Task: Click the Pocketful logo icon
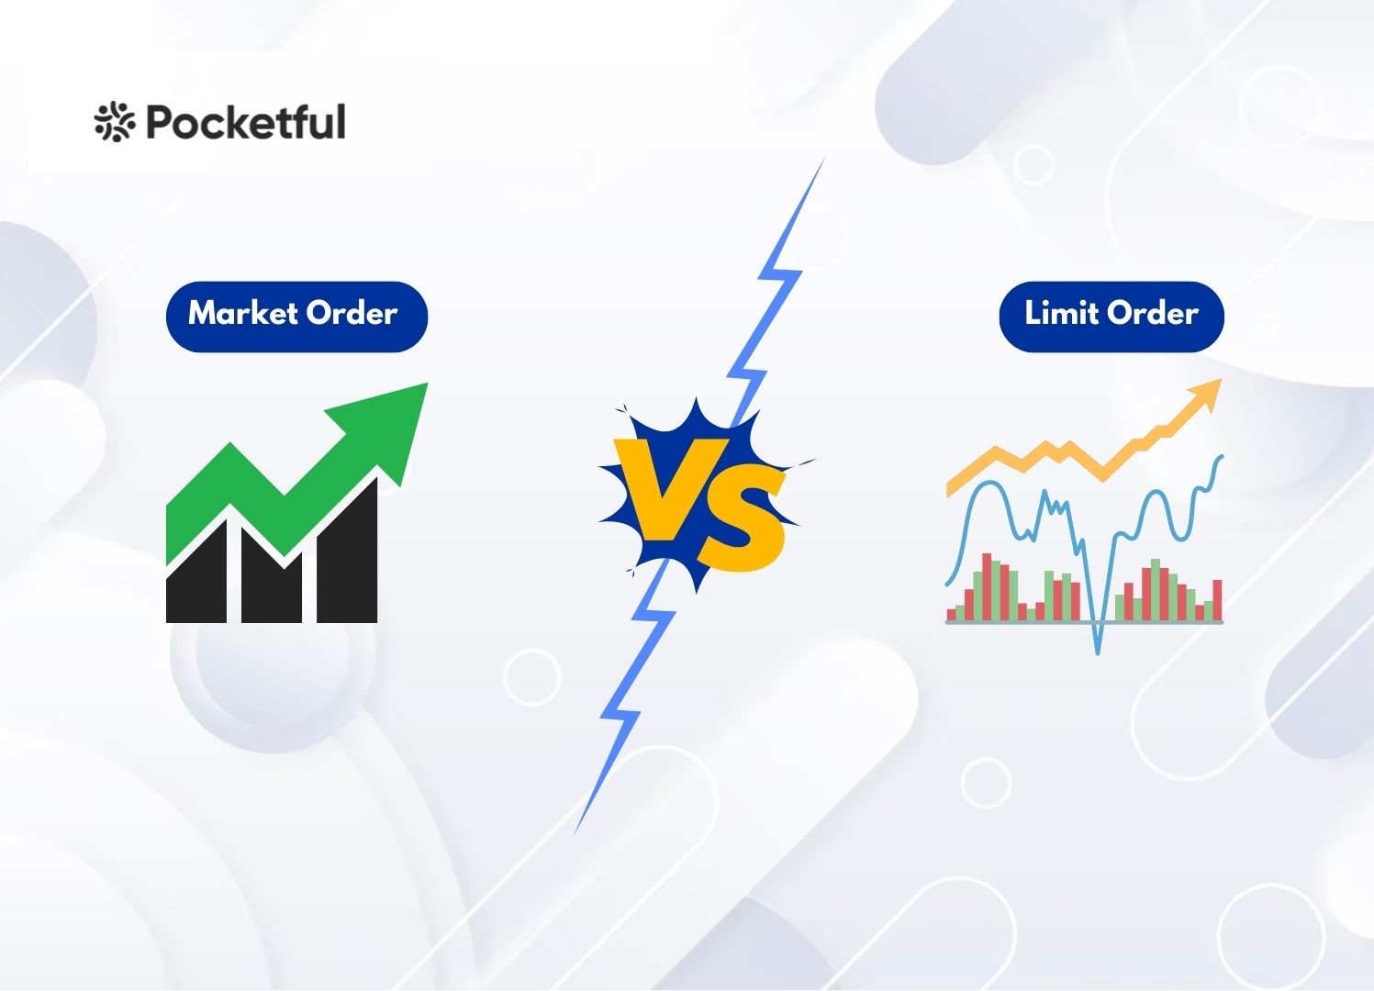pos(114,122)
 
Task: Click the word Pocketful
pos(246,122)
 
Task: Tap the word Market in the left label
pos(243,314)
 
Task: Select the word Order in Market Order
pos(352,314)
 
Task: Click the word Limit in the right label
pos(1062,314)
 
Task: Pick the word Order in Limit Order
pos(1153,314)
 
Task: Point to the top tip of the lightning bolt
pos(822,161)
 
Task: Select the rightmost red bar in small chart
pos(1217,600)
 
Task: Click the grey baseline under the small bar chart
pos(1083,622)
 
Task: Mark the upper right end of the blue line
pos(1221,456)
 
